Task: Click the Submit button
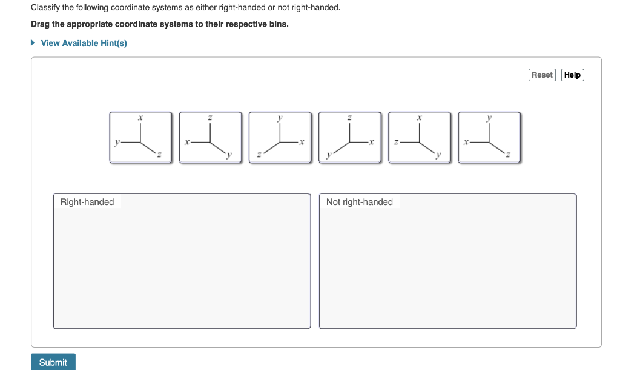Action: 53,362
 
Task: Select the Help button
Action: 572,75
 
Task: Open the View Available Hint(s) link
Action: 84,43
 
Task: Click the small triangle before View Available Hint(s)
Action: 33,43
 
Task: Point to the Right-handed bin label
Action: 87,202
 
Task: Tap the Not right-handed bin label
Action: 359,202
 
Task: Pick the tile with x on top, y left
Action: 140,138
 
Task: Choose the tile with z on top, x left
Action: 210,138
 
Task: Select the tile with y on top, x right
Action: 280,138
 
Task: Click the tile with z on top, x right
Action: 350,138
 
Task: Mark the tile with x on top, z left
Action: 420,138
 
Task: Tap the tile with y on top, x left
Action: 489,138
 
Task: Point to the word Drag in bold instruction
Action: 41,25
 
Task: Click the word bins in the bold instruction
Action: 277,25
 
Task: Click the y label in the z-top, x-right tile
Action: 328,155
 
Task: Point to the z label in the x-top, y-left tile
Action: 159,155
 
